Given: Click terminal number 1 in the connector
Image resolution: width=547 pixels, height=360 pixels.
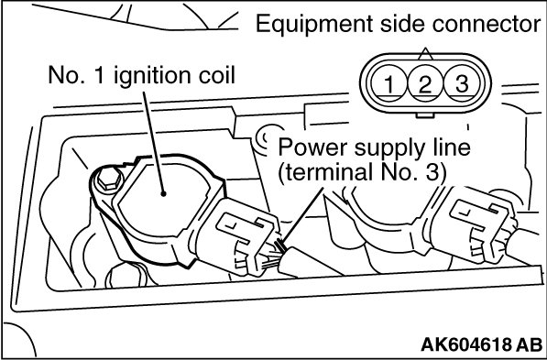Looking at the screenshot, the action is pos(388,83).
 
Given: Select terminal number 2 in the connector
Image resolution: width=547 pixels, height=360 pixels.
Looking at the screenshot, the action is pos(425,83).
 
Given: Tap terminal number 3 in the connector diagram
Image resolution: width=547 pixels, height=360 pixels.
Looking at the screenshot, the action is pos(462,83).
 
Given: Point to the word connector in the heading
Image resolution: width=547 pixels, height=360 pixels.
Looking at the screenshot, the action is pos(487,25).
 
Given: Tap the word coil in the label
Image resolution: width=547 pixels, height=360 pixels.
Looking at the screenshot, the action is pos(216,74).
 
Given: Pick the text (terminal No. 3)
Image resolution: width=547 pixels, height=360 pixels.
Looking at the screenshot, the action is pos(362,172).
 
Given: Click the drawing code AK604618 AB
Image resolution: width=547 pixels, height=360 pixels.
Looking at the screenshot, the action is pos(481,344).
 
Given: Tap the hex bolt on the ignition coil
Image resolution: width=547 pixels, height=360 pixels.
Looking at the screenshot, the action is pos(109,179).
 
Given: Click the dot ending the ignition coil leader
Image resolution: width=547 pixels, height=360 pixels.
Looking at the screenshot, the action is pos(163,193).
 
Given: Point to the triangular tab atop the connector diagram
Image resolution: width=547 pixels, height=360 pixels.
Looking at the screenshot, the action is pos(425,54).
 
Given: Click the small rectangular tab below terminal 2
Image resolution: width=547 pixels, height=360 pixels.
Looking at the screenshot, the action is pos(425,115).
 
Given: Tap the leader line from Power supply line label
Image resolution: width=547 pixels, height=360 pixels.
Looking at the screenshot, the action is pos(301,215).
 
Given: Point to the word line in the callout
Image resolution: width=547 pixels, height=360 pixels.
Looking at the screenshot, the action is pos(453,147).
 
